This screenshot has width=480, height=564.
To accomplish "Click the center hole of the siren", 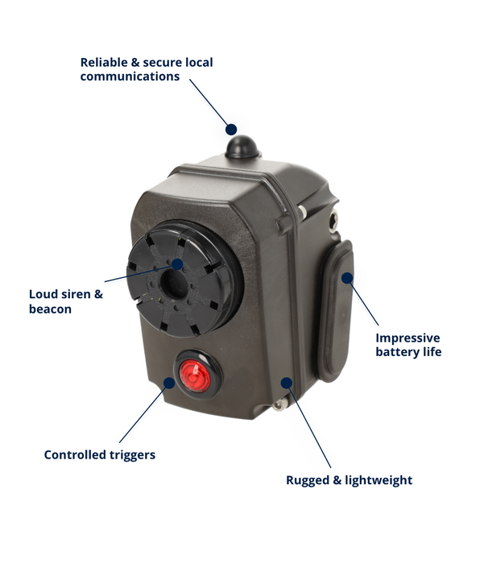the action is (175, 284).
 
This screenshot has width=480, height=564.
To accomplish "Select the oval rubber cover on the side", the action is (335, 311).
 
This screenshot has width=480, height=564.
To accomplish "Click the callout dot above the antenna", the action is (231, 130).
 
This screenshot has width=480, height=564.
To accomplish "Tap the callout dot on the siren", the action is (177, 264).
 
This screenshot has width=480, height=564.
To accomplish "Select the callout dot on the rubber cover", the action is (347, 278).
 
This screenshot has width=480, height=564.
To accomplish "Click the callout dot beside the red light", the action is (169, 383).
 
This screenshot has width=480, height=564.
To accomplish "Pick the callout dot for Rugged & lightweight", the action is (286, 383).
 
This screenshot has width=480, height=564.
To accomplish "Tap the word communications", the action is (130, 77).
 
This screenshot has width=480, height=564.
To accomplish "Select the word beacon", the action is (51, 309).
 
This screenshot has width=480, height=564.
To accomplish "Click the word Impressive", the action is (408, 338).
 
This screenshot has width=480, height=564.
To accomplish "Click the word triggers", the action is (132, 455).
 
